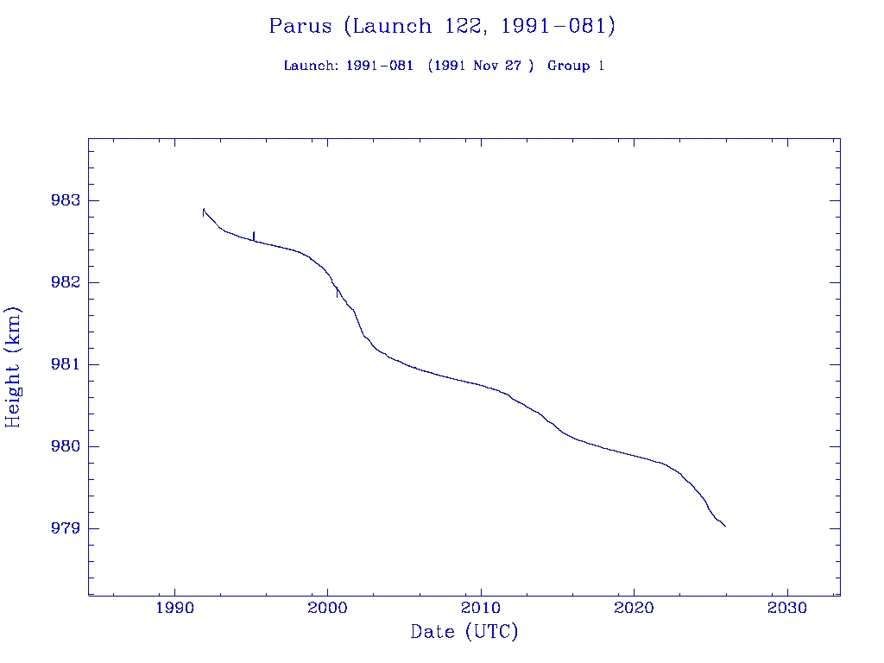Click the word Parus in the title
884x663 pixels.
pos(300,26)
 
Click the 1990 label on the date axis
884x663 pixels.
pos(175,609)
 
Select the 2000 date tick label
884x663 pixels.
pos(328,609)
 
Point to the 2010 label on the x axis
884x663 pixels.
pos(481,609)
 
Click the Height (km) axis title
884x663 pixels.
pos(13,367)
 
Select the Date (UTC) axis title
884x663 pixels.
pos(464,633)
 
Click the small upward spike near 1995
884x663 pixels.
pos(254,234)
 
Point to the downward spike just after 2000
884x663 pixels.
pos(338,294)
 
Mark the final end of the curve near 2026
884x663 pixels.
pos(725,526)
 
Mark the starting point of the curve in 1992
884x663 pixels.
pos(203,210)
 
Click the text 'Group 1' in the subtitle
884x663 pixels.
pos(576,66)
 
